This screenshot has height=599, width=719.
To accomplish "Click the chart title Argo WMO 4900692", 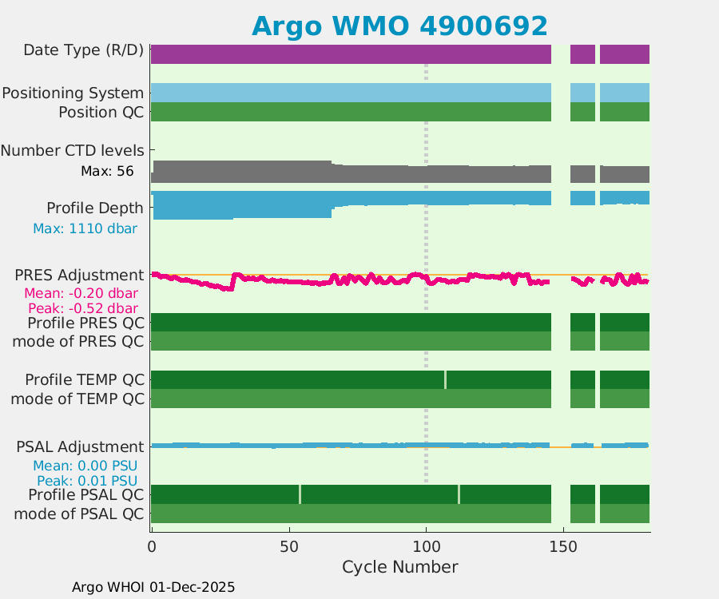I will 399,26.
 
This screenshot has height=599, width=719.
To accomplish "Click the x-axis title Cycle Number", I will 399,567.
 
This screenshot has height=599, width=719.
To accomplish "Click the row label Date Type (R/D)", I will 83,50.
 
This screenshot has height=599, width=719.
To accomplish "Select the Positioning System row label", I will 73,93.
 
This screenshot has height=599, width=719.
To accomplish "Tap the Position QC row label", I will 101,113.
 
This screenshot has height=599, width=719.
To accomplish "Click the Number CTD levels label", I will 72,150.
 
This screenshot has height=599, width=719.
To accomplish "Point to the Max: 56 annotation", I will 107,171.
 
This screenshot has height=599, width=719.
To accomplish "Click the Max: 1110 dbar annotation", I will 85,228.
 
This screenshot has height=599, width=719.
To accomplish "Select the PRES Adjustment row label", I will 79,276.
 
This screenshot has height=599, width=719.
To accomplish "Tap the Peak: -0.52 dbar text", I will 83,308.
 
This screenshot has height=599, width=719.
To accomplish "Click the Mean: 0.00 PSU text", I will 85,466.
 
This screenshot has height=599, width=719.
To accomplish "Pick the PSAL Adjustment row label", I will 80,446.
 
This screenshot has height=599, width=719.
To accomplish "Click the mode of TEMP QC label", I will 77,398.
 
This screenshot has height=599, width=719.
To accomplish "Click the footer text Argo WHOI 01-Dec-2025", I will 153,587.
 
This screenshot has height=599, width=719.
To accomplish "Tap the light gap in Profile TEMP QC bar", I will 446,379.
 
